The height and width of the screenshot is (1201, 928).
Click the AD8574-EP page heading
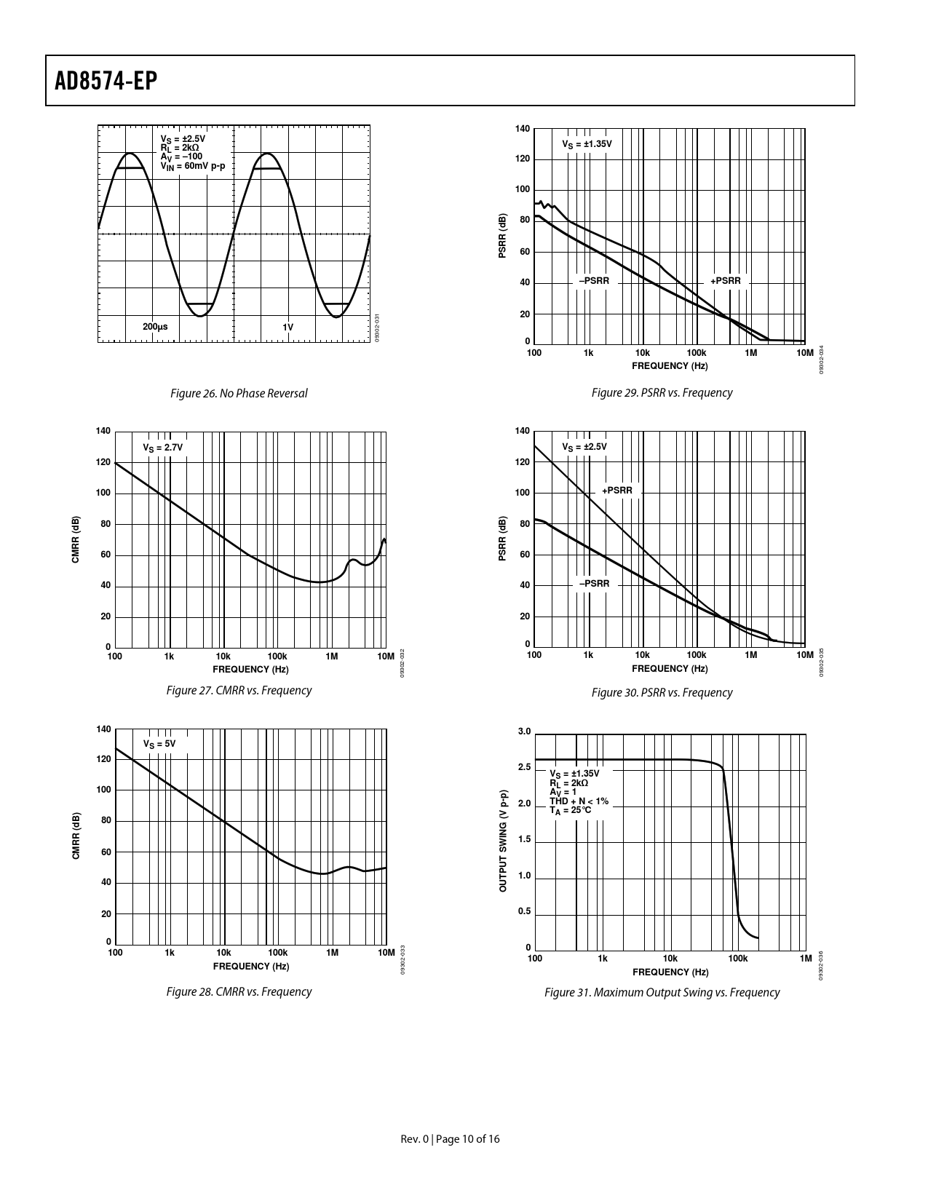pyautogui.click(x=106, y=81)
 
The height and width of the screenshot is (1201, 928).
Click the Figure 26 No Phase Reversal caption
pyautogui.click(x=239, y=393)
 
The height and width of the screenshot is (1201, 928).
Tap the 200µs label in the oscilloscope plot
pyautogui.click(x=155, y=327)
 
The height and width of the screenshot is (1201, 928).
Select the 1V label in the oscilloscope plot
pyautogui.click(x=288, y=327)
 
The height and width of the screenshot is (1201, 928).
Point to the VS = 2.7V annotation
pyautogui.click(x=162, y=447)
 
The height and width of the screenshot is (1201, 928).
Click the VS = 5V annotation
pyautogui.click(x=159, y=744)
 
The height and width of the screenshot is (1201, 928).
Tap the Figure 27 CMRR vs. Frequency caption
pyautogui.click(x=239, y=690)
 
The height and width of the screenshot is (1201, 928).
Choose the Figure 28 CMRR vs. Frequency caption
pyautogui.click(x=239, y=991)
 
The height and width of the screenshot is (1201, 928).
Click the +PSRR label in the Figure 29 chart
pyautogui.click(x=726, y=281)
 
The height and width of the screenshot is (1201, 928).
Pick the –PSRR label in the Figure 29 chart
pyautogui.click(x=594, y=281)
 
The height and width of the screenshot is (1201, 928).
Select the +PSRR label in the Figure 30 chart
pyautogui.click(x=617, y=491)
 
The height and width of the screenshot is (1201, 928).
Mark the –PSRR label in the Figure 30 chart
pyautogui.click(x=594, y=584)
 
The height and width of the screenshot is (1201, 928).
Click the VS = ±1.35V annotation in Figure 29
pyautogui.click(x=587, y=144)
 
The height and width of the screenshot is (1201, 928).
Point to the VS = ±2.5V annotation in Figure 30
pyautogui.click(x=584, y=447)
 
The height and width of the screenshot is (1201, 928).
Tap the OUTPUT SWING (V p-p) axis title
pyautogui.click(x=502, y=841)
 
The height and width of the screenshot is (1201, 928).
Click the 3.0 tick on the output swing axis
pyautogui.click(x=524, y=732)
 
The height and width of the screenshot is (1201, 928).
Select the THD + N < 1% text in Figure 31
pyautogui.click(x=579, y=801)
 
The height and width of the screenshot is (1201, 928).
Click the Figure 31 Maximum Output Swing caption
pyautogui.click(x=662, y=992)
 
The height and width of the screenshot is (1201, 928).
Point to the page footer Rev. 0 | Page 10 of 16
pyautogui.click(x=451, y=1139)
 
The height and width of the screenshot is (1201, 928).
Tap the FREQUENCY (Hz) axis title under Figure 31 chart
pyautogui.click(x=670, y=972)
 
